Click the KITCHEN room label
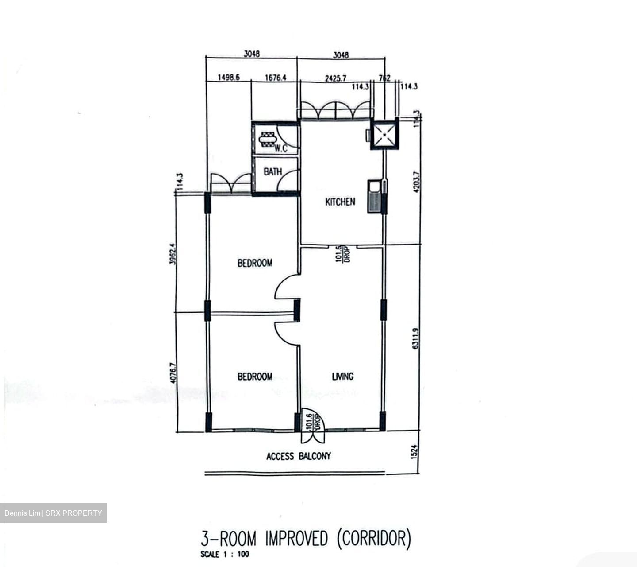(x=340, y=202)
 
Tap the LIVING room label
(x=342, y=376)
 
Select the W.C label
(x=281, y=148)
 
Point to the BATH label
(x=272, y=171)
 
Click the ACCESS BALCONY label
(x=298, y=456)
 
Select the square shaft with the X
(x=384, y=135)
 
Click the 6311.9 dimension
(x=415, y=338)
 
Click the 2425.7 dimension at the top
(x=335, y=78)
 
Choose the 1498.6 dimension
(x=228, y=78)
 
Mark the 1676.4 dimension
(x=275, y=78)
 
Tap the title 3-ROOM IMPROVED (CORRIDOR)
(x=306, y=539)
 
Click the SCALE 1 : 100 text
(x=224, y=554)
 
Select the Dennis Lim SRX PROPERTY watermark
(x=53, y=513)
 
